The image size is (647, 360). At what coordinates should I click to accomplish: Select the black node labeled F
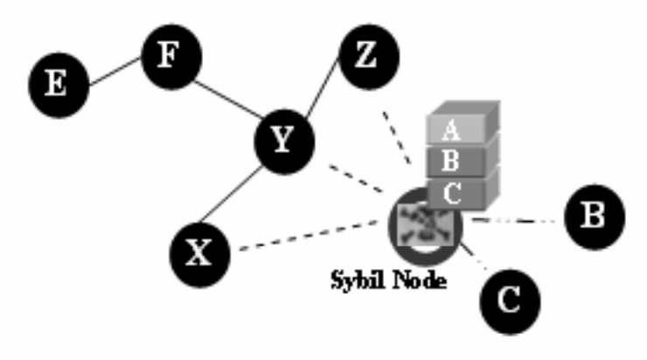[x=170, y=57]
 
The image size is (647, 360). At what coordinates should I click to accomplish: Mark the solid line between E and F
[x=114, y=72]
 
